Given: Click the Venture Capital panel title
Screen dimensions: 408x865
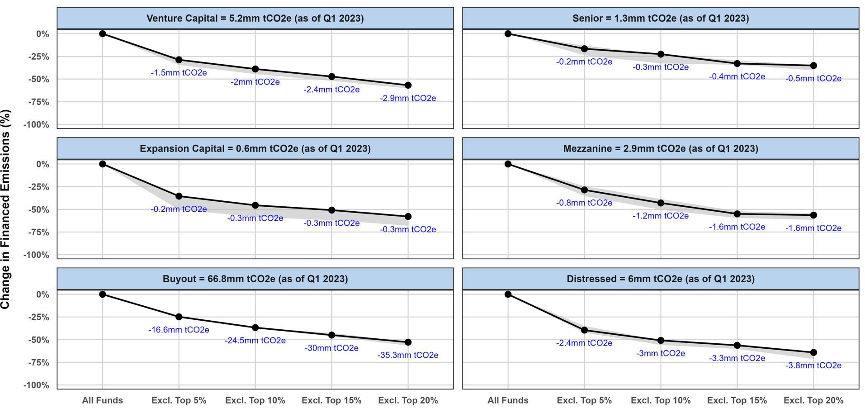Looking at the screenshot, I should pyautogui.click(x=255, y=19).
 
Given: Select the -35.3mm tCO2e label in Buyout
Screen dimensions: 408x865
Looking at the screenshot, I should pyautogui.click(x=407, y=355).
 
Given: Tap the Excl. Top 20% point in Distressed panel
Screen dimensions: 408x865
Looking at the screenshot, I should pyautogui.click(x=813, y=352).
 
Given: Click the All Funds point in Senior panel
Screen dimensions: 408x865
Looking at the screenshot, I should pyautogui.click(x=508, y=34).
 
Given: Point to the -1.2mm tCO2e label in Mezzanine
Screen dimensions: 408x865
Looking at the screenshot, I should pyautogui.click(x=660, y=216).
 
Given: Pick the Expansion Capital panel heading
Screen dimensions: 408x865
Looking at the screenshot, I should pyautogui.click(x=255, y=149).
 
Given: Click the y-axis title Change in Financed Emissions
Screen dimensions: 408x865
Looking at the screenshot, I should pyautogui.click(x=5, y=209).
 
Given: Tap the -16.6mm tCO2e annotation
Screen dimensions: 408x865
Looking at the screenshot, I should pyautogui.click(x=179, y=330).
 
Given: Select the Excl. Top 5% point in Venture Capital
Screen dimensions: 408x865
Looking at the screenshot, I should pyautogui.click(x=179, y=60).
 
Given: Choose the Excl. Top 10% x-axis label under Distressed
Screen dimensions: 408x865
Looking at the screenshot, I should pyautogui.click(x=660, y=400).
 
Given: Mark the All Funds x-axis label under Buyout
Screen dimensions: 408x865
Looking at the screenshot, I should pyautogui.click(x=102, y=400).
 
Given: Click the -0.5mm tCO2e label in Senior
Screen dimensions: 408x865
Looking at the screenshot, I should pyautogui.click(x=813, y=79).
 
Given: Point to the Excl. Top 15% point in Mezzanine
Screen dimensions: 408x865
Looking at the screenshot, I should pyautogui.click(x=737, y=214).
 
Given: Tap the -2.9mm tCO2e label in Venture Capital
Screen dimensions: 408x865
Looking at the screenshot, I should pyautogui.click(x=407, y=98).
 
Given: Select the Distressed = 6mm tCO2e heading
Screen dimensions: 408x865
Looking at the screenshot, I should pyautogui.click(x=660, y=279).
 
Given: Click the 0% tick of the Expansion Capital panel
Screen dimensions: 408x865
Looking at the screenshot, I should pyautogui.click(x=43, y=164).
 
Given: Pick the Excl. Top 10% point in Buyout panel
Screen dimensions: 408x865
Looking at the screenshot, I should pyautogui.click(x=255, y=327).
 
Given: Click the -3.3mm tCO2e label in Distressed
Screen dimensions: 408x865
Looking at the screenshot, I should pyautogui.click(x=737, y=358).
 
